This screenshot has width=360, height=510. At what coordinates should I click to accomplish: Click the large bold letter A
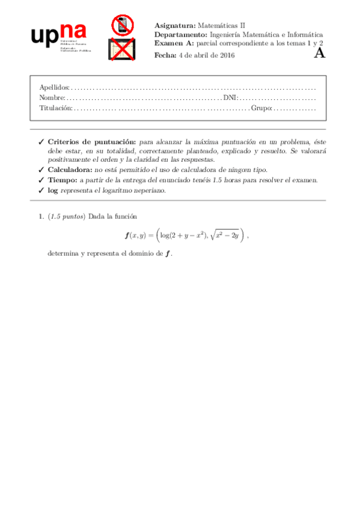coord(320,53)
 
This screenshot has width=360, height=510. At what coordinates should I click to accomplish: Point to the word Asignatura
coord(174,26)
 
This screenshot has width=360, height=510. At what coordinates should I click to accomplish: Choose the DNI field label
coord(230,97)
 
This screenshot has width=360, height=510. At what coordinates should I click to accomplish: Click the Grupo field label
coord(261,108)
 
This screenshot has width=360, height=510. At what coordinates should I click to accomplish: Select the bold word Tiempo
coord(63,180)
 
